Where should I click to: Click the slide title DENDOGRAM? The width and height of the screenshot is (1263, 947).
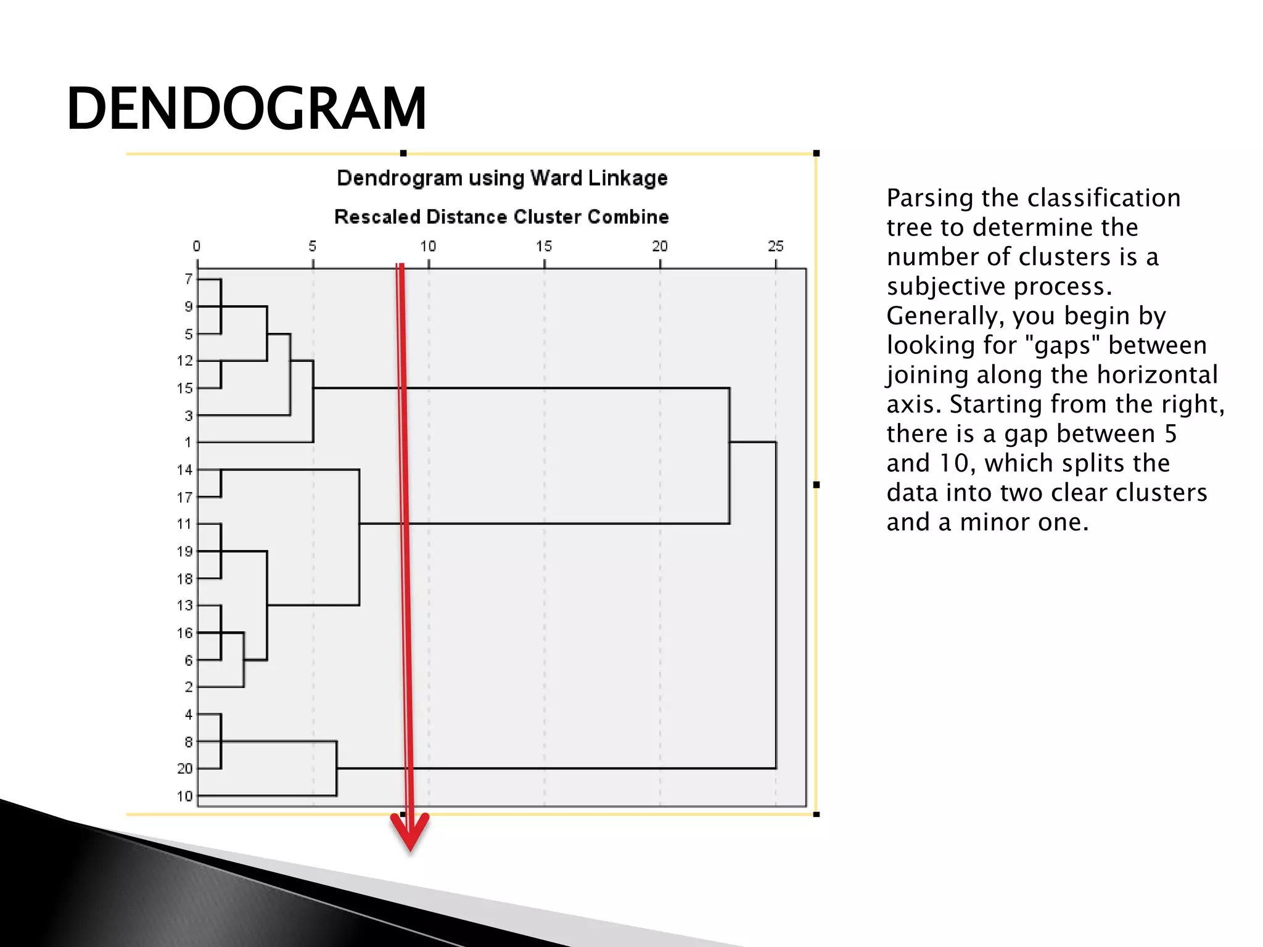247,109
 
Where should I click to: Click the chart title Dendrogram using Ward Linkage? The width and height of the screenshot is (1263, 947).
502,178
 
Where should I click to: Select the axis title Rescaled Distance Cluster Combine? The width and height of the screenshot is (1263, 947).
501,217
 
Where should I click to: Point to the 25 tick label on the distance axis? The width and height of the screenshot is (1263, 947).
775,247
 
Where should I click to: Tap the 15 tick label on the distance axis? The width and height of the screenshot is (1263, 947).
543,247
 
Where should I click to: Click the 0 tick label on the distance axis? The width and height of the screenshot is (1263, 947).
196,247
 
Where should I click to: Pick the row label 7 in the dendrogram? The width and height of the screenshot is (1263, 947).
188,279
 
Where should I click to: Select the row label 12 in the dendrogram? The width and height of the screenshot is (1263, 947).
184,361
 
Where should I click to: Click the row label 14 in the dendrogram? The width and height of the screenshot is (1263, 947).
184,470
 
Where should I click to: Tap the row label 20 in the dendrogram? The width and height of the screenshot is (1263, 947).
184,769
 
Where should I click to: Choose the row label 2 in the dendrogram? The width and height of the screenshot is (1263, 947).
188,687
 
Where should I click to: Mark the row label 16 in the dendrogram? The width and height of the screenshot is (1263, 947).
184,633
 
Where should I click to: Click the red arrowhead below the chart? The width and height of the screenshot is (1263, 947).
409,832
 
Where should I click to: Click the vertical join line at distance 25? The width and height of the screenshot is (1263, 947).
776,604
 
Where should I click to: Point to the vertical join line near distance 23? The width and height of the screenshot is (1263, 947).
730,456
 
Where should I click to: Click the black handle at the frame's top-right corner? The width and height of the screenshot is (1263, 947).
816,154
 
